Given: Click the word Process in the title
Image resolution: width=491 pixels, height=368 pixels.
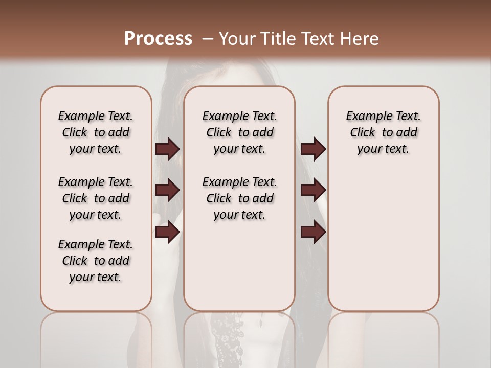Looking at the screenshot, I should pos(158,38).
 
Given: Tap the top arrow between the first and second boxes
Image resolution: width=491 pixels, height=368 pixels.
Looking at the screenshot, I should pos(167,149).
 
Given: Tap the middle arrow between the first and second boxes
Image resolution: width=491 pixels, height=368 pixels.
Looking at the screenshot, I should pos(167,190).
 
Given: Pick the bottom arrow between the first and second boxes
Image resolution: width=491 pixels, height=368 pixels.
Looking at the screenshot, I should pos(167,232).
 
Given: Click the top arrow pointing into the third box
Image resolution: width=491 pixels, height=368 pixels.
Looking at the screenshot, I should pos(313,149).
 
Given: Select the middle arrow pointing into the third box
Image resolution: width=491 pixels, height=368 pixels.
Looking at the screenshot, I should pos(313,190).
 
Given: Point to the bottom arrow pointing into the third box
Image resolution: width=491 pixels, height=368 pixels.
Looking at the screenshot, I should pos(313,232).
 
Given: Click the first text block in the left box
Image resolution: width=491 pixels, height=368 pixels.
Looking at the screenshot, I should pos(96,132).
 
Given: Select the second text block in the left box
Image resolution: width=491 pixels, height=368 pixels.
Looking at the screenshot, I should pos(96,198).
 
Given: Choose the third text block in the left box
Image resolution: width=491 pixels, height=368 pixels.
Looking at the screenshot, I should pos(96,261).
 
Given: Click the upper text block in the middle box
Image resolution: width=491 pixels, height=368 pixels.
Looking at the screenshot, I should pos(239,132).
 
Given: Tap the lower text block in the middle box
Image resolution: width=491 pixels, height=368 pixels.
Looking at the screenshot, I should pos(239,198).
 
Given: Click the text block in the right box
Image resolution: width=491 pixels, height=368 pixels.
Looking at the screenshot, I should pos(384,132).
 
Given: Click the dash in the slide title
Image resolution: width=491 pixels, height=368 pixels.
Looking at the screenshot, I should pos(208,39).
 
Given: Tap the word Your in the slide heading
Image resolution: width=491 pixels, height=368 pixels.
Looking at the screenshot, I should pos(237,39).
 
